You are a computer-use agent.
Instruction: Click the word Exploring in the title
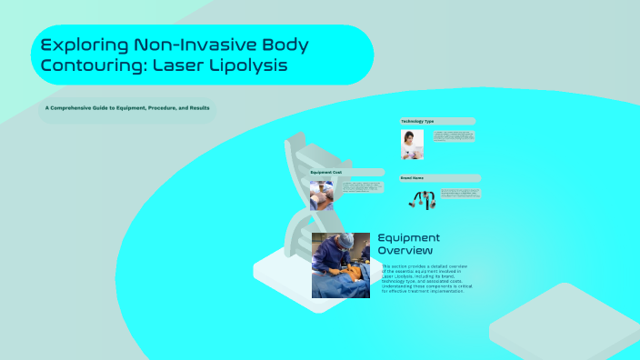click(x=85, y=45)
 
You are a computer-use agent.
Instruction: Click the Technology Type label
click(x=418, y=121)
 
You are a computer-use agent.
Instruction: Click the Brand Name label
click(x=414, y=178)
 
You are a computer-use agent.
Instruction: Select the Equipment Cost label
click(x=326, y=172)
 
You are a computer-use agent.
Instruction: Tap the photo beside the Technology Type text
click(x=413, y=144)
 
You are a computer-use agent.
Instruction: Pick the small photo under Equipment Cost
click(x=321, y=195)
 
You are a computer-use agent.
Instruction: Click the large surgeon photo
click(x=341, y=265)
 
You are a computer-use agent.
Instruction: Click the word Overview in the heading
click(x=405, y=250)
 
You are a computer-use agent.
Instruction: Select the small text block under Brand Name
click(x=459, y=194)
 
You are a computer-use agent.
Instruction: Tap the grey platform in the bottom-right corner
click(x=568, y=324)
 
